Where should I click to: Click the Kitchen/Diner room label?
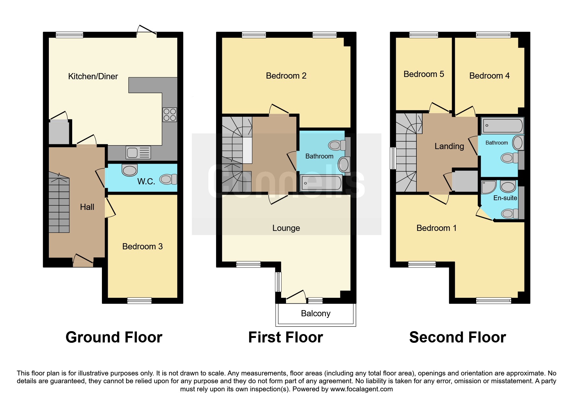[93, 76]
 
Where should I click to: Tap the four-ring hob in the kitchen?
[170, 114]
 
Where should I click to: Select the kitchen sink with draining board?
[138, 152]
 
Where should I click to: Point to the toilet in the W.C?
[168, 179]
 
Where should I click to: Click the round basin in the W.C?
[130, 170]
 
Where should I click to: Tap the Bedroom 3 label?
[142, 246]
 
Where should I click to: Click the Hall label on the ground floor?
[87, 207]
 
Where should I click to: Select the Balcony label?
[315, 313]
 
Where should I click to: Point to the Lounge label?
[286, 228]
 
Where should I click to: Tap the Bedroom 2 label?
[286, 76]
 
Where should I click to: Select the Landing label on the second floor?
[449, 146]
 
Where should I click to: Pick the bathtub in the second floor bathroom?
[502, 126]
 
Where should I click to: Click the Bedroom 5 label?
[424, 74]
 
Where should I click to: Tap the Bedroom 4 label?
[489, 76]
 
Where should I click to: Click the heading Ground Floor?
[114, 337]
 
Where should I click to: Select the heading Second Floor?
[457, 337]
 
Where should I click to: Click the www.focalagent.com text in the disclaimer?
[361, 389]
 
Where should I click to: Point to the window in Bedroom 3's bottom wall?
[139, 301]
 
